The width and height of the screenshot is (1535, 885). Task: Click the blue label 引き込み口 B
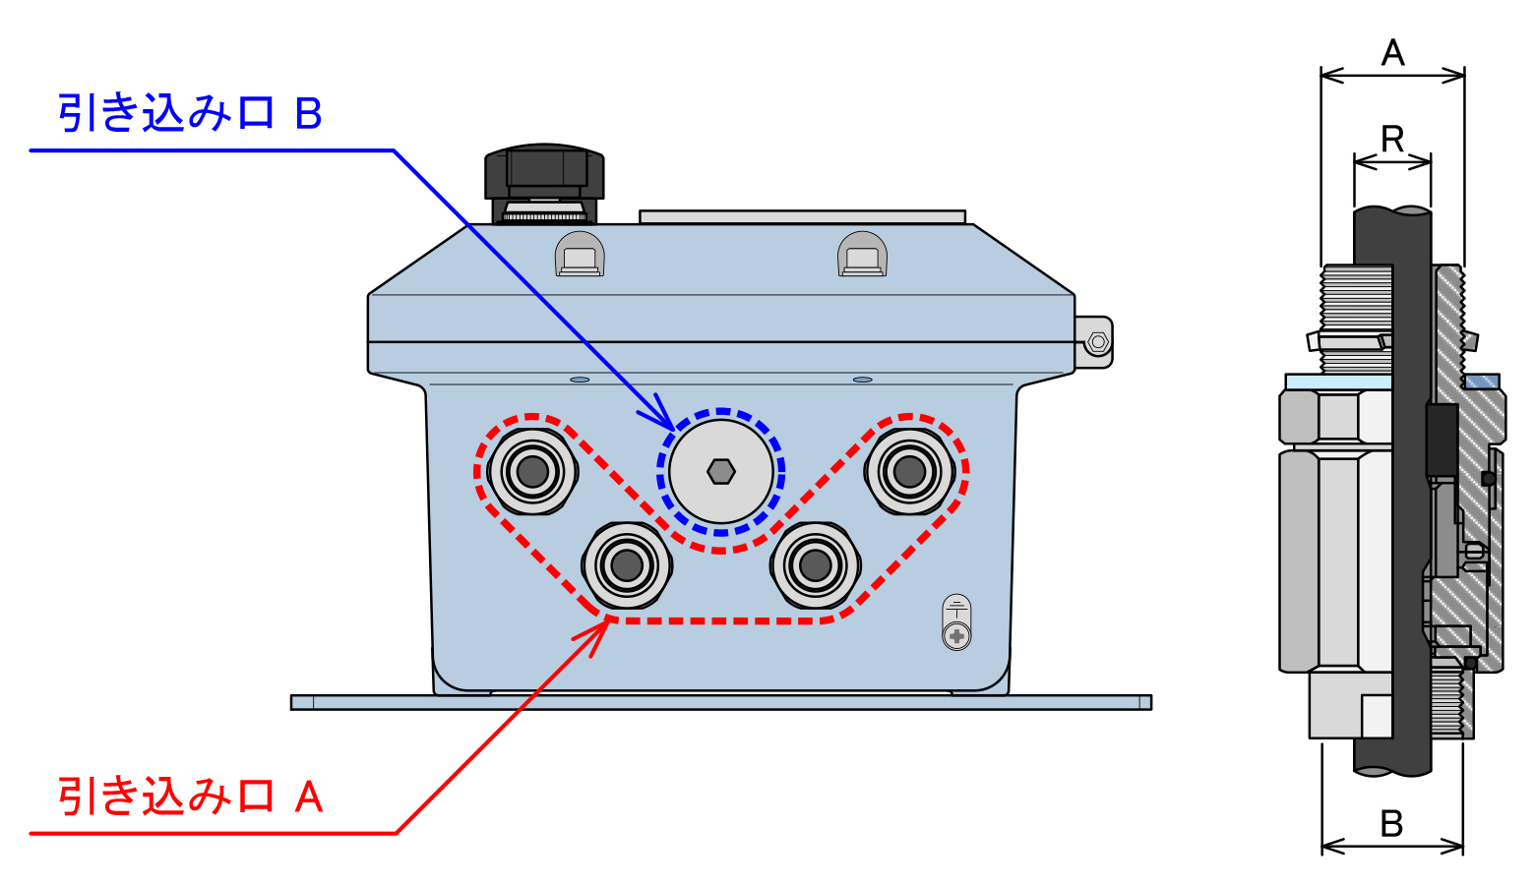[190, 114]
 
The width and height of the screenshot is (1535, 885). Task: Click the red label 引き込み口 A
[190, 796]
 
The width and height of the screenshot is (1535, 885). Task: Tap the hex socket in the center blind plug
[721, 472]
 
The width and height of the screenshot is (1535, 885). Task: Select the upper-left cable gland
[532, 471]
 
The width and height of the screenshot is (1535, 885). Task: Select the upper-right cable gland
[909, 471]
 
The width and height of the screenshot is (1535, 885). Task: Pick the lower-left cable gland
[627, 565]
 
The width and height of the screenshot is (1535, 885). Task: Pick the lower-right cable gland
[815, 565]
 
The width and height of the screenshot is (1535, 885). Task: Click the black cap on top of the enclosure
[544, 184]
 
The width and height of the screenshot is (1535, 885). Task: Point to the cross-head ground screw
[956, 636]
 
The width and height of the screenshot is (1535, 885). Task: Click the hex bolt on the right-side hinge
[1098, 342]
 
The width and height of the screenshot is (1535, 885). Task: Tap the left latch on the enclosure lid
[580, 254]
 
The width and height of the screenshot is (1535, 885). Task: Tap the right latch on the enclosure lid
[863, 254]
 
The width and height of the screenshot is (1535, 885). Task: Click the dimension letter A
[1392, 53]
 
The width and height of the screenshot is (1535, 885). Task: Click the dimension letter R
[1392, 140]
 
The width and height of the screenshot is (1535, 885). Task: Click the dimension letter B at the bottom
[1391, 823]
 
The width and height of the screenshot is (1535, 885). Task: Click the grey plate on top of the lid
[803, 217]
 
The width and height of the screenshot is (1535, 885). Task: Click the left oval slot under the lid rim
[580, 380]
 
